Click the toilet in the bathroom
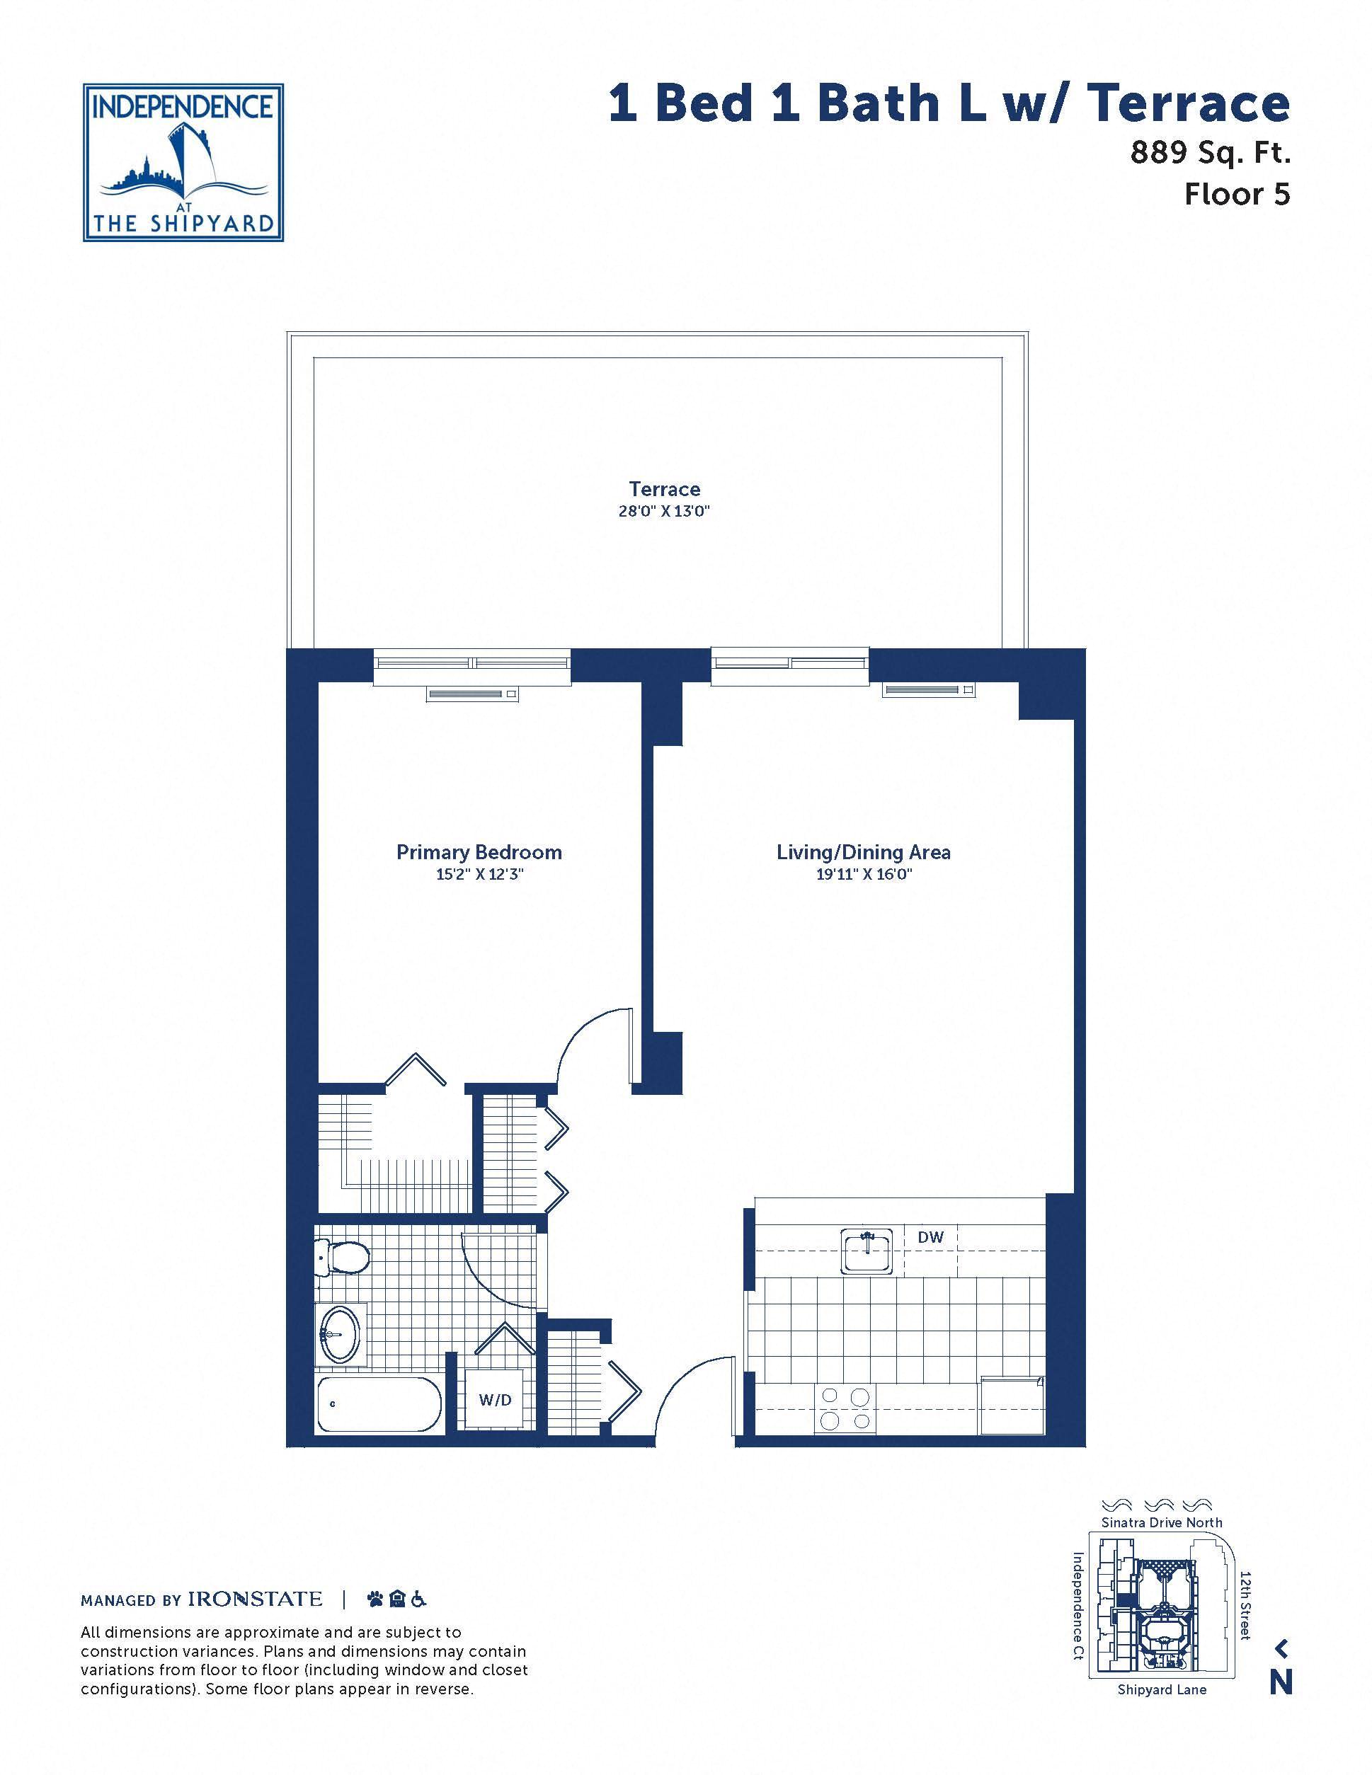[341, 1259]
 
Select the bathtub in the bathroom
[379, 1403]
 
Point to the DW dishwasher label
[931, 1237]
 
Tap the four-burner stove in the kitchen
[845, 1408]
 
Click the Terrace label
[664, 488]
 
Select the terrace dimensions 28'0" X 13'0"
[664, 511]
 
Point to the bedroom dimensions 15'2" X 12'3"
[479, 875]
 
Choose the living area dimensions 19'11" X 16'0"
[863, 875]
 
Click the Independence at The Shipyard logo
[183, 163]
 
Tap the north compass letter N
[1280, 1682]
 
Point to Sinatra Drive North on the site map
[1162, 1522]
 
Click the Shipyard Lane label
[1162, 1689]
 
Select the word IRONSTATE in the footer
[256, 1599]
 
